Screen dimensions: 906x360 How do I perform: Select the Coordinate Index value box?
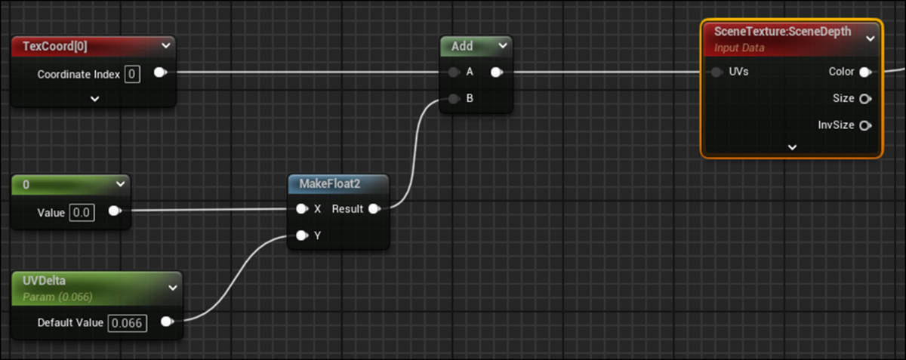pos(132,74)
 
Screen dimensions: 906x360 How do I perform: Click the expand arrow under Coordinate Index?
pos(95,98)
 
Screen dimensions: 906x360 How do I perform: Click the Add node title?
pos(461,46)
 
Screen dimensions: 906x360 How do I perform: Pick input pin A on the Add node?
pos(453,72)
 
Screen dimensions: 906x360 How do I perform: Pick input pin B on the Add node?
pos(453,99)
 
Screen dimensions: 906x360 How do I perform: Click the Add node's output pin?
pos(496,72)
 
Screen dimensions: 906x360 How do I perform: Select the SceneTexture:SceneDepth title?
pos(782,32)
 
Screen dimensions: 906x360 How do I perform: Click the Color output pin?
pos(865,72)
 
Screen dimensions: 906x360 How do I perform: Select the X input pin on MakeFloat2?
pos(301,209)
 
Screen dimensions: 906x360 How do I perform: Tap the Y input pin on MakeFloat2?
pos(301,235)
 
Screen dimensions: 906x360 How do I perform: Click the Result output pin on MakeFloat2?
pos(374,209)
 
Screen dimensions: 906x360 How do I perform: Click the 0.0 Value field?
pos(82,212)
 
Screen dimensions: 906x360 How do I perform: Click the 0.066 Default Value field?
pos(127,322)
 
